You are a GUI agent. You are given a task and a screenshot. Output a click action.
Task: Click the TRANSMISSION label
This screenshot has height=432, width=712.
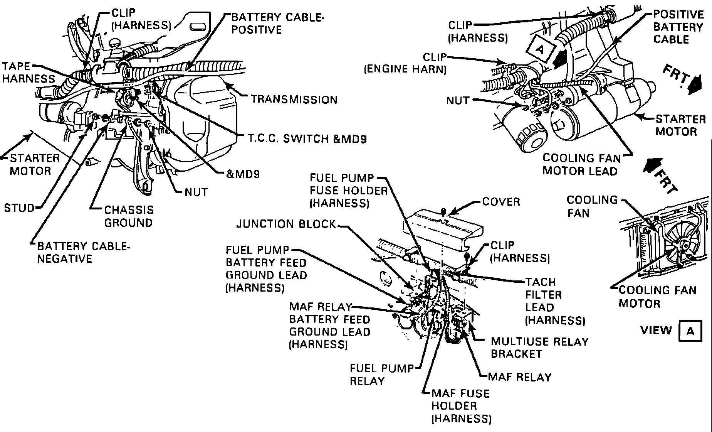(x=294, y=100)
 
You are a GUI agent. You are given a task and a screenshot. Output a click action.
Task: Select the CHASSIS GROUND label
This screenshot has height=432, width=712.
(x=129, y=216)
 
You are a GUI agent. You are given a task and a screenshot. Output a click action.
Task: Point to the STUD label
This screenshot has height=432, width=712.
(x=19, y=208)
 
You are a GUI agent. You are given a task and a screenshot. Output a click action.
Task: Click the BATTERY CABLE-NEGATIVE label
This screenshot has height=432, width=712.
(x=83, y=252)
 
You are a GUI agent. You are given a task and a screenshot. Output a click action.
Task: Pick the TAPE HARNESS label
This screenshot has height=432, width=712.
(x=28, y=72)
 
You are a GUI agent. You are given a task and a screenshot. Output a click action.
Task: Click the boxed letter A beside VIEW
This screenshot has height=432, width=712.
(x=690, y=331)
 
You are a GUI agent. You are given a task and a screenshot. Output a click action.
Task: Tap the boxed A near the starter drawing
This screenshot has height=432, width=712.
(x=540, y=49)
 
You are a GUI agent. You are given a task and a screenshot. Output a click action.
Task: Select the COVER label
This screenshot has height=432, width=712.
(x=501, y=202)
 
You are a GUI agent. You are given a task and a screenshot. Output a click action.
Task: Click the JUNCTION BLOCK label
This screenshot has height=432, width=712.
(x=286, y=224)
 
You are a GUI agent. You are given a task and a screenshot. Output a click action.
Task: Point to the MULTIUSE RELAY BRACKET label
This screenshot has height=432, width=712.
(x=539, y=348)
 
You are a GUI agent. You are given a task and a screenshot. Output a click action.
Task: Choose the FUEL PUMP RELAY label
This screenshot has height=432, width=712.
(x=381, y=375)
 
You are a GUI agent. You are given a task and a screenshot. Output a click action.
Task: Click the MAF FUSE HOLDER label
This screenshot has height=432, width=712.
(x=461, y=406)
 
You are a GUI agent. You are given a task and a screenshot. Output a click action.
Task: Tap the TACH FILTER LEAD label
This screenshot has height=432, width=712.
(x=555, y=301)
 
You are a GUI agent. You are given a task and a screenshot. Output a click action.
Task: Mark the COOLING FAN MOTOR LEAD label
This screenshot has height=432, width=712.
(x=582, y=164)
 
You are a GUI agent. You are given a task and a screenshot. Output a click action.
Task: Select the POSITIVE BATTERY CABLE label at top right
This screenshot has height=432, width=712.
(x=678, y=27)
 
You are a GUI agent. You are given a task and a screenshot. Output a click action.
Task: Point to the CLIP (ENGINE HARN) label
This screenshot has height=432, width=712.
(x=405, y=63)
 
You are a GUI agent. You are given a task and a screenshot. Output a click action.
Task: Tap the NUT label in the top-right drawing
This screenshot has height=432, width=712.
(x=458, y=101)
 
